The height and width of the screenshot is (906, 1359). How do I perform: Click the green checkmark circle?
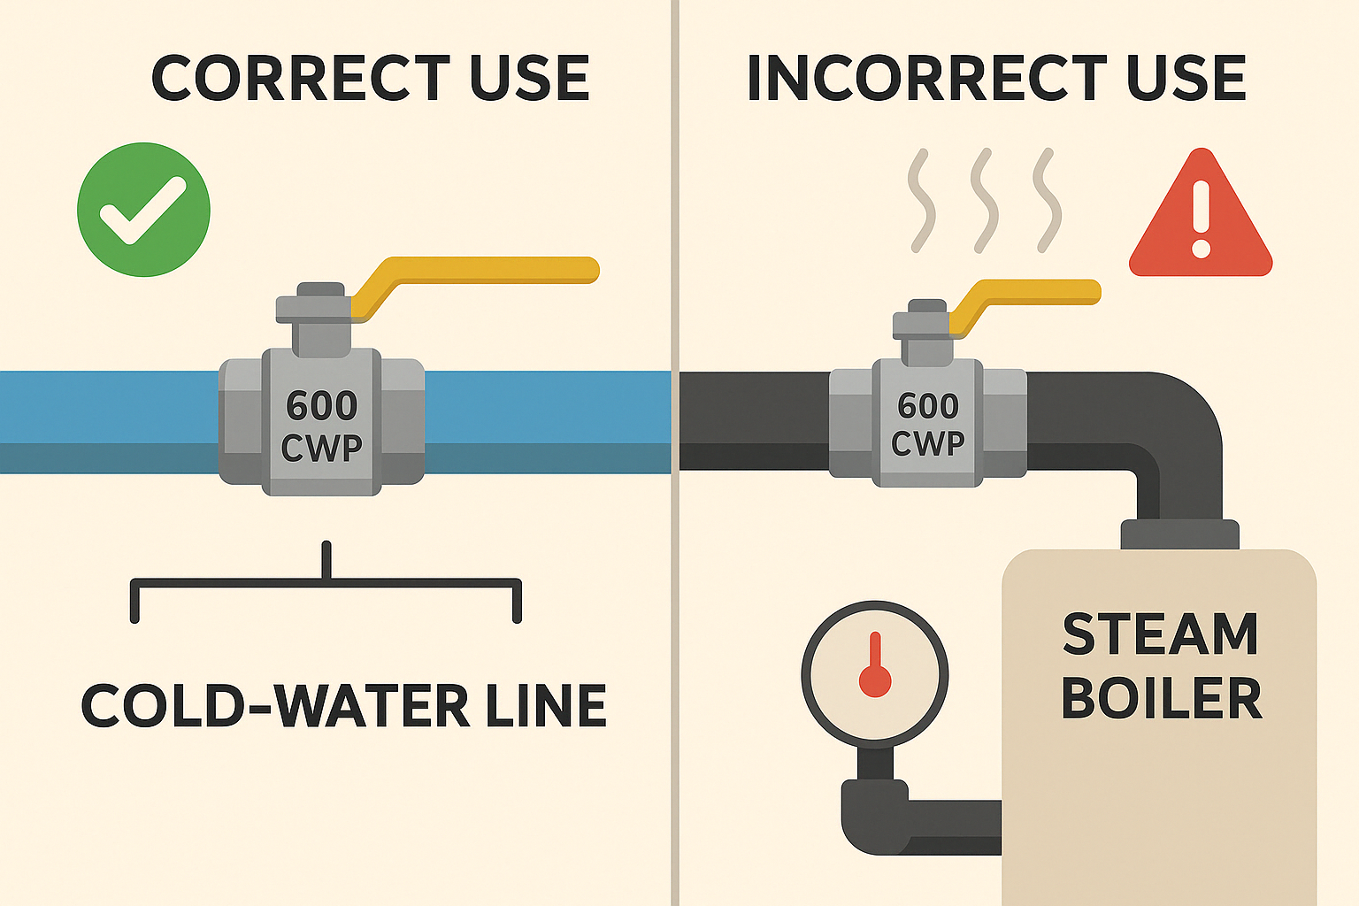(143, 210)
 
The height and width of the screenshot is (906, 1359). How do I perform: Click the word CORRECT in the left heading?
(301, 78)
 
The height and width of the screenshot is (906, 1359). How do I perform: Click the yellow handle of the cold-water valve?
(495, 269)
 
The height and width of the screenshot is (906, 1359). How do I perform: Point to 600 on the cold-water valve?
(322, 406)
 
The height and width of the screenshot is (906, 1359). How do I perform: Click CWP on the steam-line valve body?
(927, 443)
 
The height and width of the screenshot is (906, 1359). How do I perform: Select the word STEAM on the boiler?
(1160, 634)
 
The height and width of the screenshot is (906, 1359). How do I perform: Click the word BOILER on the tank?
(1160, 699)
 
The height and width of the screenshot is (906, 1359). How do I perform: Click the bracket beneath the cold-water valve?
(326, 584)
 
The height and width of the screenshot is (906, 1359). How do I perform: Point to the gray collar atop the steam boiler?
(1179, 534)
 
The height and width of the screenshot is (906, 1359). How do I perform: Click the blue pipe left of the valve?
(106, 420)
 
